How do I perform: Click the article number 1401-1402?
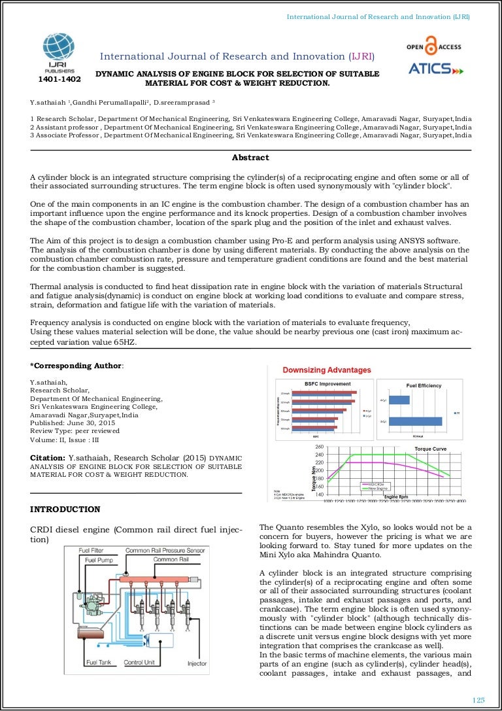(59, 80)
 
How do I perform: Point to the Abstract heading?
(250, 158)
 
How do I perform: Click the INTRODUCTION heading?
(65, 509)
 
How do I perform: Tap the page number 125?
(478, 700)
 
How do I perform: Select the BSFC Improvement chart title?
(327, 384)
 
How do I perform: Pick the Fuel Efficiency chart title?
(424, 386)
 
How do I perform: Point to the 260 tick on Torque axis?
(319, 447)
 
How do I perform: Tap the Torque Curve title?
(431, 449)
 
